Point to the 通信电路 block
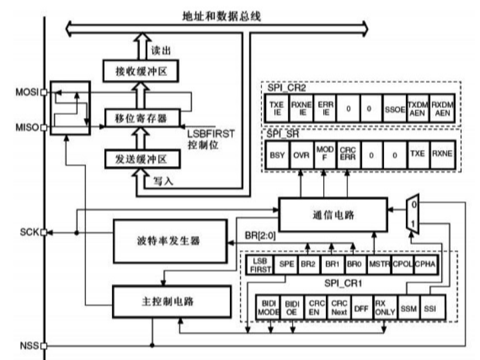tap(331, 214)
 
